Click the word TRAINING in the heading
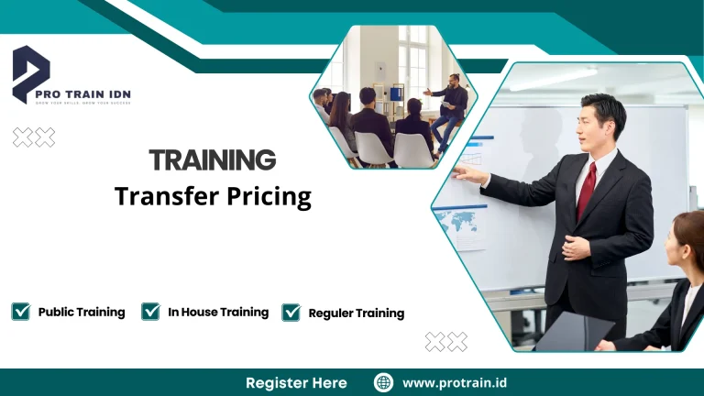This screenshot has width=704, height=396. pyautogui.click(x=213, y=160)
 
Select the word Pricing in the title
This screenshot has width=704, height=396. pyautogui.click(x=266, y=196)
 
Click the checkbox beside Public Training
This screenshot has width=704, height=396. pyautogui.click(x=20, y=312)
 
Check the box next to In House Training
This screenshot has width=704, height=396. pyautogui.click(x=151, y=312)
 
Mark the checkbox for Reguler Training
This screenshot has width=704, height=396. pyautogui.click(x=291, y=313)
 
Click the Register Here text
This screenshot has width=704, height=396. pyautogui.click(x=296, y=382)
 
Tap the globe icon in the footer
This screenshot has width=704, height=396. pyautogui.click(x=383, y=382)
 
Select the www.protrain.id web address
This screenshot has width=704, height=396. pyautogui.click(x=456, y=382)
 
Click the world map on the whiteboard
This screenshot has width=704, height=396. pyautogui.click(x=457, y=222)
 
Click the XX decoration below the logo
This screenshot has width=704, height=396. pyautogui.click(x=34, y=137)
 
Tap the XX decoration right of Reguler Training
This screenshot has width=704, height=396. pyautogui.click(x=446, y=342)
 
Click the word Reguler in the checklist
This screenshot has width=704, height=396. pyautogui.click(x=330, y=313)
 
